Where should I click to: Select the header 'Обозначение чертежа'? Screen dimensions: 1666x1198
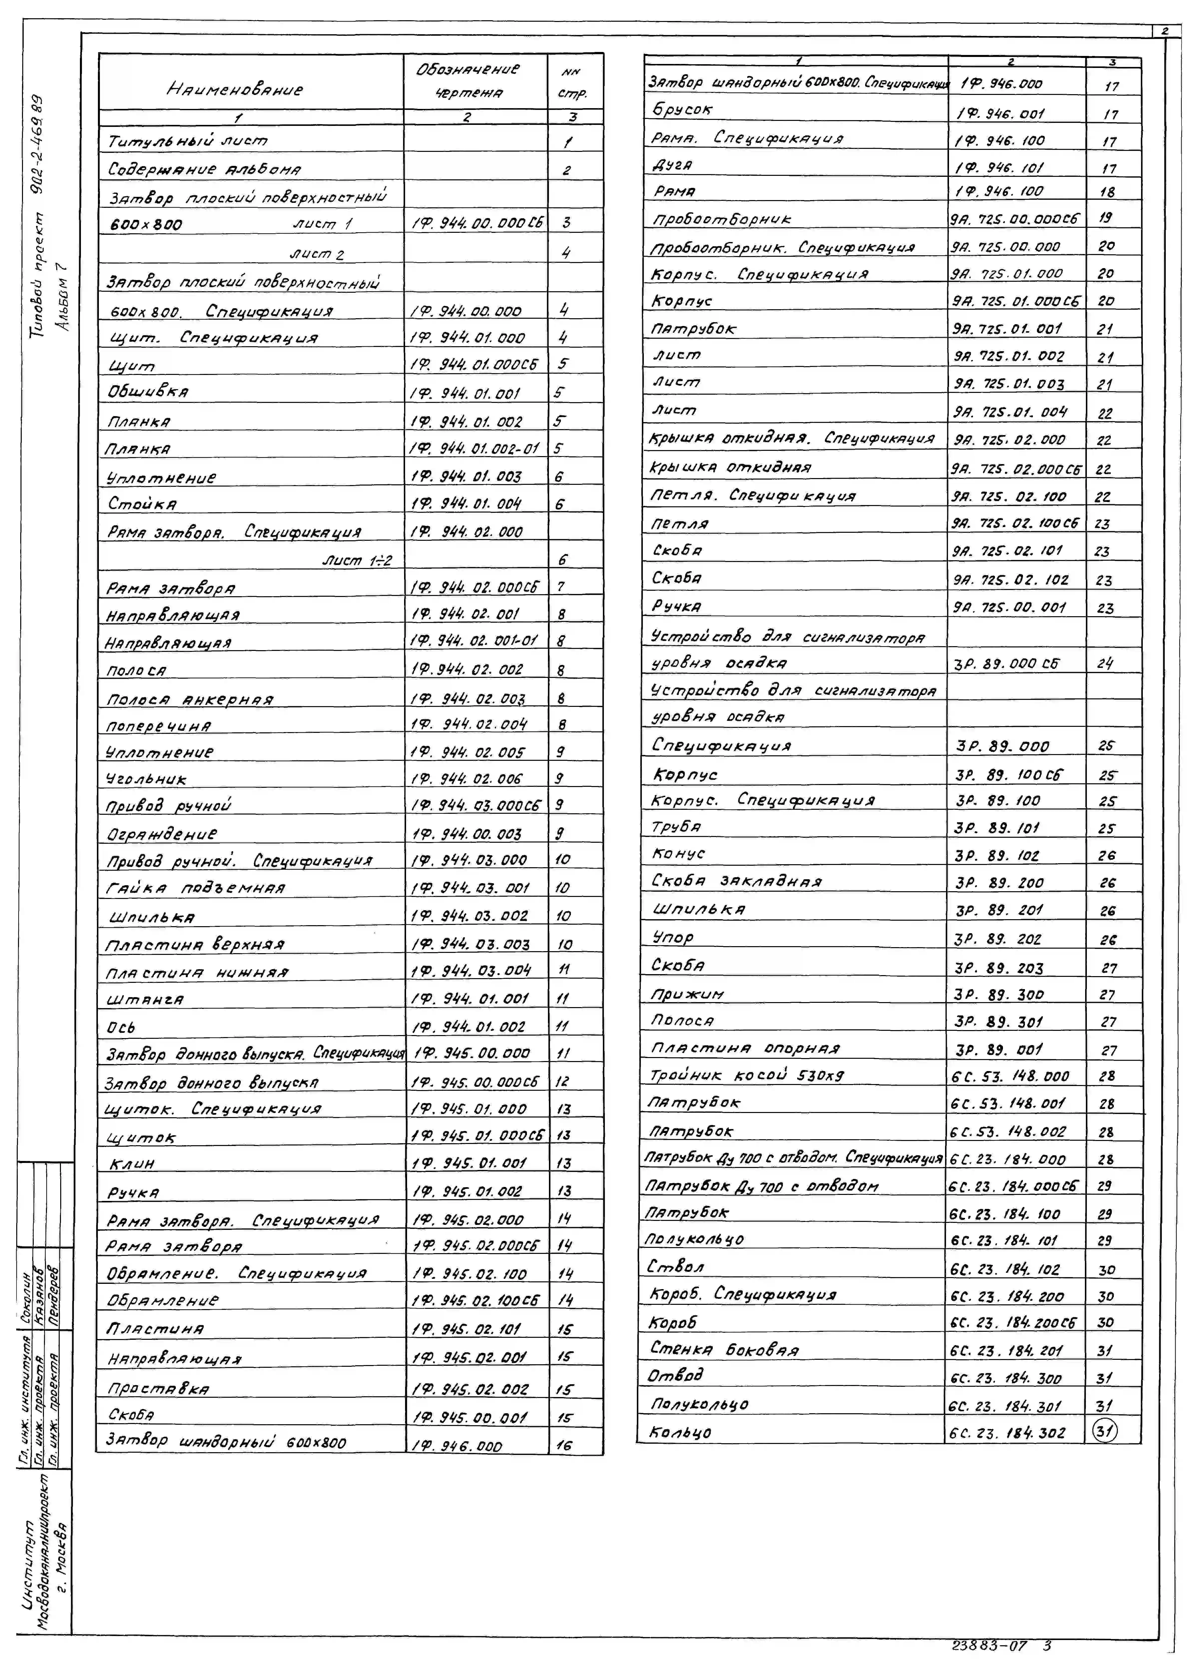468,81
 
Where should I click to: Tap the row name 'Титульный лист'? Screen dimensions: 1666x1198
187,140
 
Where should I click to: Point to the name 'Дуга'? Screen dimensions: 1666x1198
672,165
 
